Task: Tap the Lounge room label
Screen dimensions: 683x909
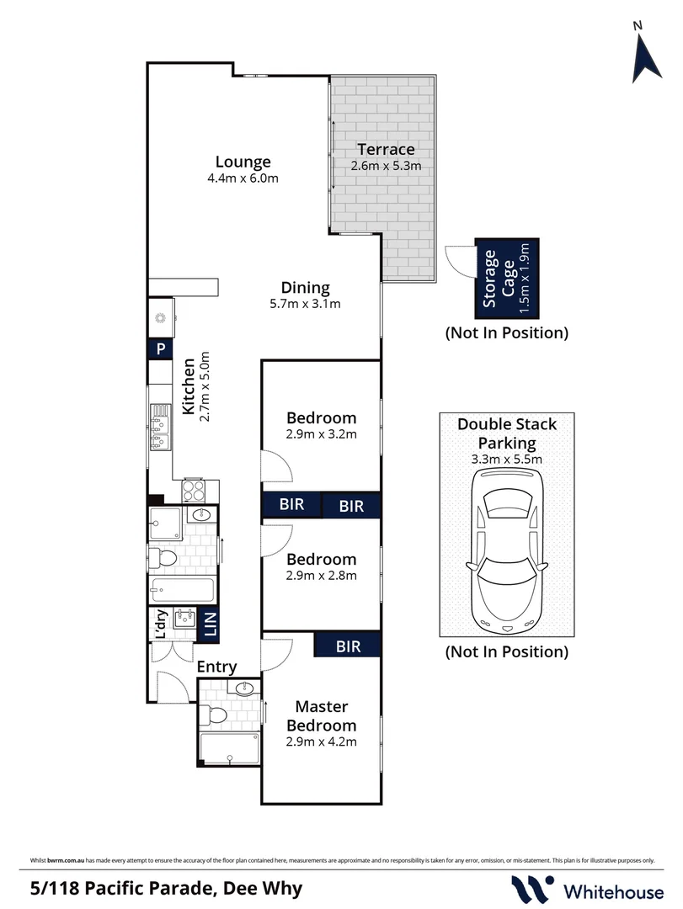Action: click(x=243, y=162)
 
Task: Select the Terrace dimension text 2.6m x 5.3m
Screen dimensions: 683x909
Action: click(x=386, y=166)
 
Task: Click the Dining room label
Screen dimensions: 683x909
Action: click(x=305, y=287)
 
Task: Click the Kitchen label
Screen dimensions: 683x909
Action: click(x=188, y=388)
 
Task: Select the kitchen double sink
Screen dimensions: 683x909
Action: click(x=160, y=427)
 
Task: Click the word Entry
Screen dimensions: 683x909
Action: click(x=216, y=667)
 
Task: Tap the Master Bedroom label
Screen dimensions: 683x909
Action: click(x=321, y=715)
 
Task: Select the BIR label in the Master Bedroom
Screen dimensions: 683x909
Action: click(x=348, y=646)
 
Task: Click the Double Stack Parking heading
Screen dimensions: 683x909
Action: click(x=506, y=433)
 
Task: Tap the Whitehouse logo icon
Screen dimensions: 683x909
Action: click(x=533, y=888)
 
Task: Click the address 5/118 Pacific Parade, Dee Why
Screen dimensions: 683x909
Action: click(x=166, y=888)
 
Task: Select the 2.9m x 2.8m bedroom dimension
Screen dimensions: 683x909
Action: click(x=321, y=576)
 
